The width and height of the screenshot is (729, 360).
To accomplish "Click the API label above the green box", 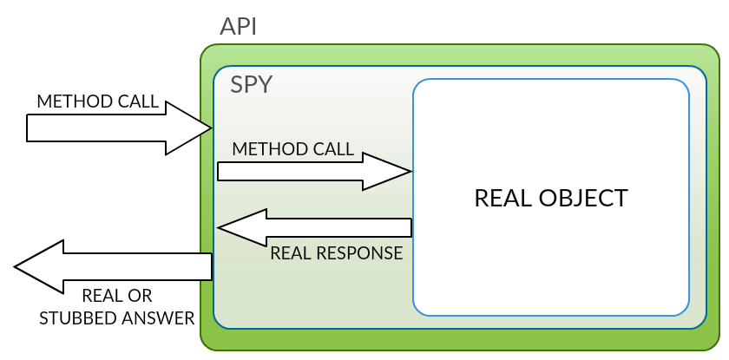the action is click(x=238, y=27).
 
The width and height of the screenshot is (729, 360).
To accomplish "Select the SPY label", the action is click(x=251, y=84).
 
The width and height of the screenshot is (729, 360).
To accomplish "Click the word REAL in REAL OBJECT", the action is click(x=503, y=198).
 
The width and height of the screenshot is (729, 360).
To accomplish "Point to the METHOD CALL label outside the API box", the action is click(x=97, y=101).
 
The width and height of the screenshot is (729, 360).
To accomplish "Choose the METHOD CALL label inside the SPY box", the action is click(x=293, y=148).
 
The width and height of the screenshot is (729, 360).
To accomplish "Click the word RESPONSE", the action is click(x=357, y=253).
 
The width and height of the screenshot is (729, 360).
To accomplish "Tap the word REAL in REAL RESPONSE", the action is click(x=288, y=253).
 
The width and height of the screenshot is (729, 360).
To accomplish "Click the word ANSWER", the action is click(x=158, y=318).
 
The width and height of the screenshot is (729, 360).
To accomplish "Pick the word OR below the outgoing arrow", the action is click(x=141, y=296).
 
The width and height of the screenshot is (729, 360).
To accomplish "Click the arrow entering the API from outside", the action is click(x=119, y=128).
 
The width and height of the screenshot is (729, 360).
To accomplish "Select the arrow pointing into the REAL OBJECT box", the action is click(x=314, y=172).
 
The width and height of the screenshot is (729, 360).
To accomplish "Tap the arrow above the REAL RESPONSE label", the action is click(x=314, y=227).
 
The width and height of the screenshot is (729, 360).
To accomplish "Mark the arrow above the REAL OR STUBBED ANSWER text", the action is click(x=113, y=266).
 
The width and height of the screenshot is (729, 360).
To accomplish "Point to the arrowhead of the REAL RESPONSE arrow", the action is click(x=242, y=227).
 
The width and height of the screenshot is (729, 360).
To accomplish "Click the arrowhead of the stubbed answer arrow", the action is click(x=38, y=266).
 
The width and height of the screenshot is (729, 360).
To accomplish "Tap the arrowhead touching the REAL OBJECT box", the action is click(x=387, y=172).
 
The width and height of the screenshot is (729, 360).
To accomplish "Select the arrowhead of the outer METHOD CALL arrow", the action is click(x=189, y=128).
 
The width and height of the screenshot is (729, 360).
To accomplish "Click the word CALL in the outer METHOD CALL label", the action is click(x=139, y=101).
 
